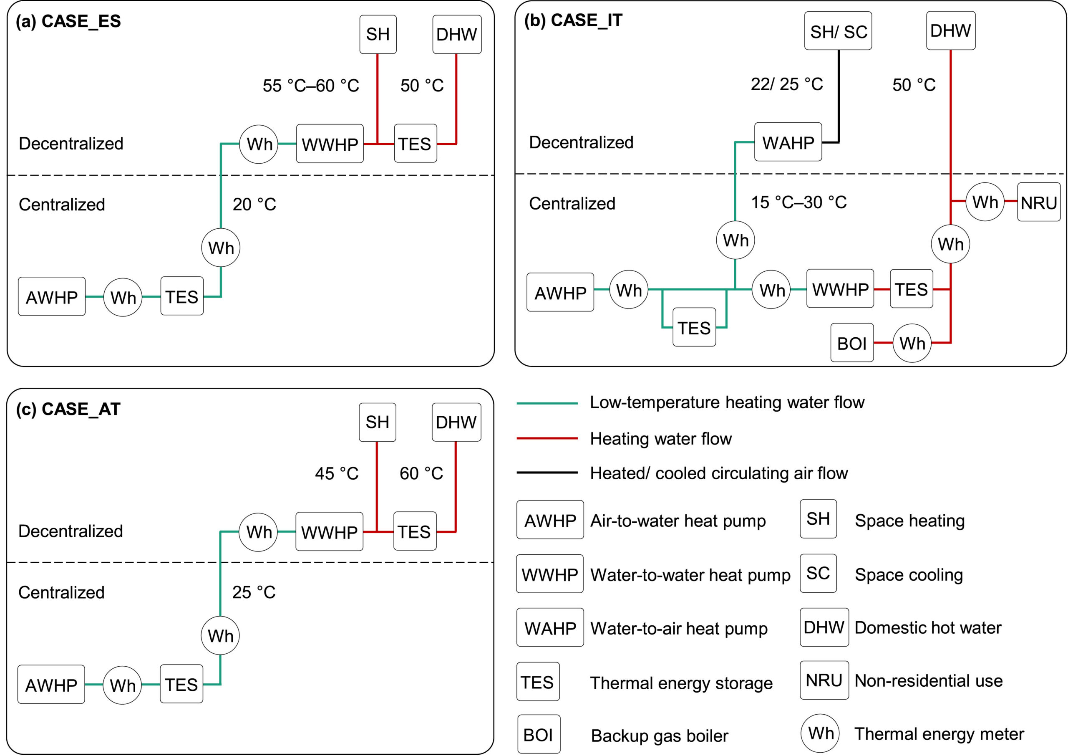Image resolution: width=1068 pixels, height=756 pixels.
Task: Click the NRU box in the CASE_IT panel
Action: (x=1039, y=202)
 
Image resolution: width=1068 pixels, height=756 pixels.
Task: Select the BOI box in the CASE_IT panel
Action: (x=852, y=343)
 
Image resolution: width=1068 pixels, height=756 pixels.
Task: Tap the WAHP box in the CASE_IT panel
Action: (x=788, y=142)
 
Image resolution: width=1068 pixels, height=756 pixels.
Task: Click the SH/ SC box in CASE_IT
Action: (x=838, y=31)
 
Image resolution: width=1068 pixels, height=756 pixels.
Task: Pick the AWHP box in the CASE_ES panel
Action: (x=52, y=296)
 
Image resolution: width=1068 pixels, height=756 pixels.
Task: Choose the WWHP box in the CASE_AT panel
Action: (x=329, y=531)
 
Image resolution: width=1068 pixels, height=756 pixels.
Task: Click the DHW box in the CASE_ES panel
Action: (x=457, y=34)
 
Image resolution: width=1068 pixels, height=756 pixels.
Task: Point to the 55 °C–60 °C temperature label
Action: (x=311, y=85)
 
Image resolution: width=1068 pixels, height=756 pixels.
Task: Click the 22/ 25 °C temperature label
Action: (x=786, y=84)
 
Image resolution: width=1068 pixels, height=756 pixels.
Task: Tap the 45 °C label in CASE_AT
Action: (x=337, y=473)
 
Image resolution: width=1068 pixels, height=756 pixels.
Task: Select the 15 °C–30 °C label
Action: (x=798, y=202)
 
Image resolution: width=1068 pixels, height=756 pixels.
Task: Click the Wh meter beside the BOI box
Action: (x=912, y=343)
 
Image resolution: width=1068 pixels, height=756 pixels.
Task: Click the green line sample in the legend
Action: (x=547, y=403)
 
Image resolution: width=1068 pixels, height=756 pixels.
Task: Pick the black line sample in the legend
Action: (x=547, y=473)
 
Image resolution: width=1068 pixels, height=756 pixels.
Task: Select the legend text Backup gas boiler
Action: (x=659, y=736)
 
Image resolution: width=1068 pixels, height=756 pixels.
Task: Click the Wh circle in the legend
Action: (x=820, y=733)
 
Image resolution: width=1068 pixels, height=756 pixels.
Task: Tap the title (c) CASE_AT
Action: (x=68, y=409)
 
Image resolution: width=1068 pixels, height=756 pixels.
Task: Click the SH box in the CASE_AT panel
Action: (x=377, y=422)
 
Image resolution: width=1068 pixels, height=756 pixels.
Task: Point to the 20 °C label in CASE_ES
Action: (x=254, y=204)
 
